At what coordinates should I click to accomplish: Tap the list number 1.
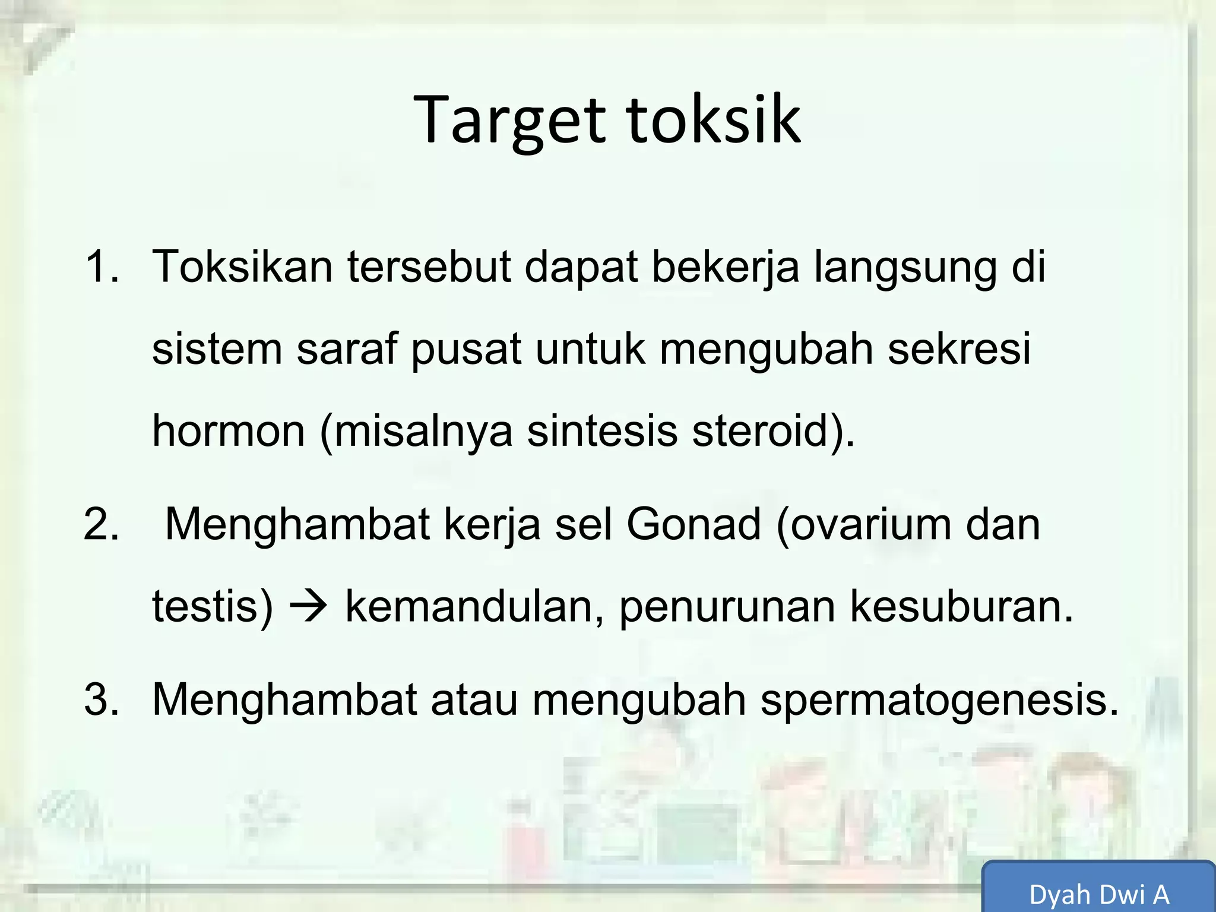point(101,267)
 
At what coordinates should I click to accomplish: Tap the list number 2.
point(101,525)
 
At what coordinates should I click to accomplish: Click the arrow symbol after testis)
point(309,607)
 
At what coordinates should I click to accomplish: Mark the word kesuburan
point(961,607)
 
